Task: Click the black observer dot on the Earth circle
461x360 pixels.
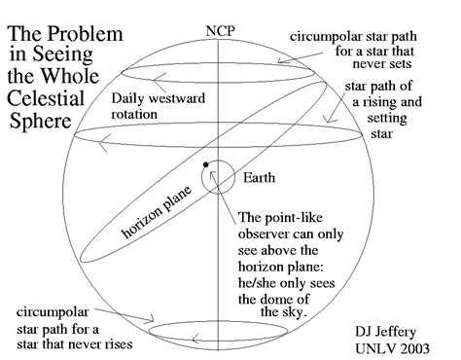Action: pyautogui.click(x=205, y=162)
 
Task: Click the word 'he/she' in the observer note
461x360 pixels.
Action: pyautogui.click(x=261, y=281)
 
